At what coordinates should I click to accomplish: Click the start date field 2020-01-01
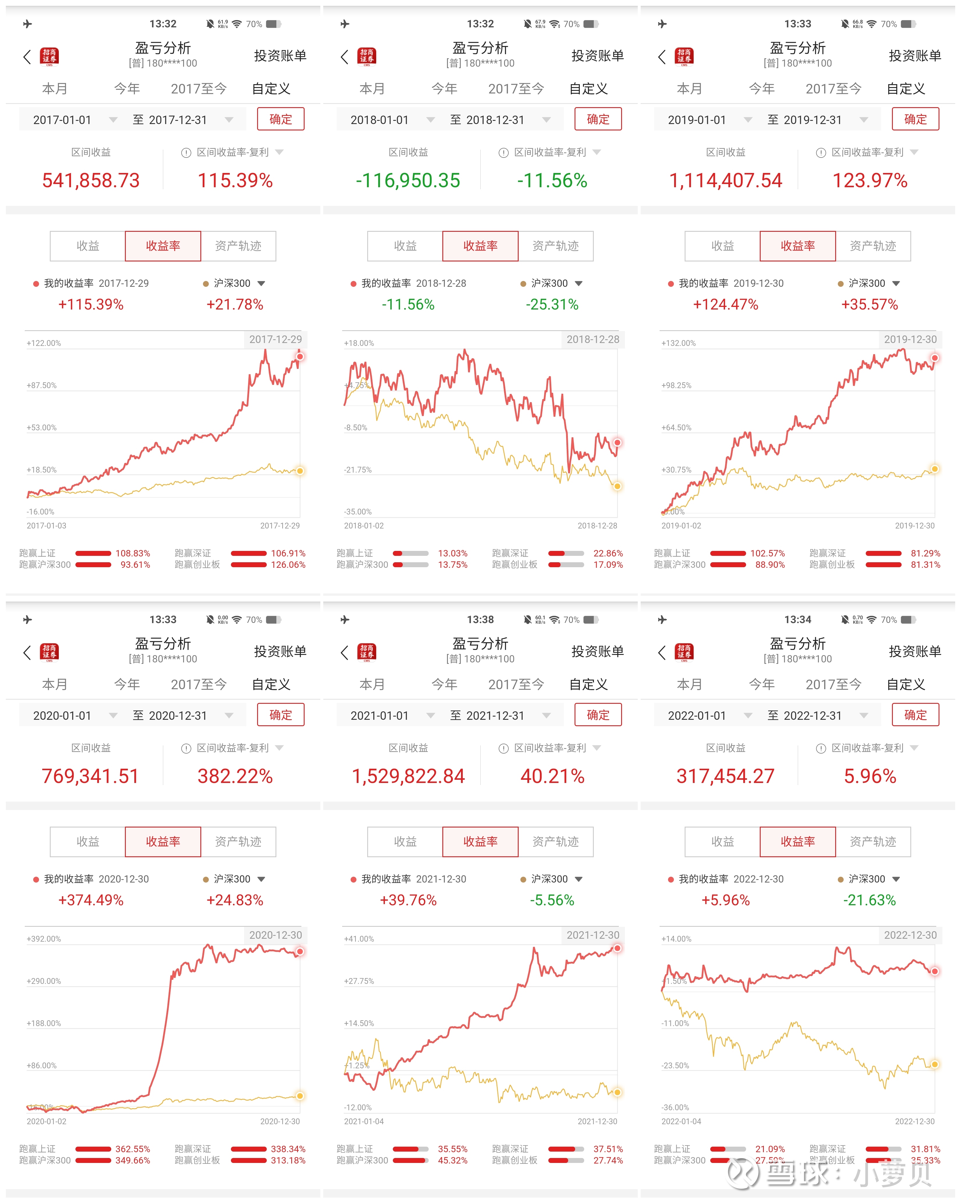coord(62,715)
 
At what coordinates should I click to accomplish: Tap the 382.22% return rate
coord(235,776)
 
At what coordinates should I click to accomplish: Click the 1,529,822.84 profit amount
coord(408,776)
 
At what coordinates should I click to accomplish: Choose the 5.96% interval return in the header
coord(870,776)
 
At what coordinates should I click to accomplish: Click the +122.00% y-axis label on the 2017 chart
coord(44,343)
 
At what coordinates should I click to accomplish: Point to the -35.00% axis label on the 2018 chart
coord(358,512)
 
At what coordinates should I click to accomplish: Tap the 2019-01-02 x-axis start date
coord(681,526)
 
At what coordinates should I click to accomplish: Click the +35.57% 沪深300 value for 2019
coord(870,304)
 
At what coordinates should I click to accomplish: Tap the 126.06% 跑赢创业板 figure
coord(288,565)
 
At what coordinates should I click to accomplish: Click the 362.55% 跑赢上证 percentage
coord(132,1149)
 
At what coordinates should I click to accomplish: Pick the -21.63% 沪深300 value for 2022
coord(870,900)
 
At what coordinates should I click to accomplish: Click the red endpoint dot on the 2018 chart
coord(617,442)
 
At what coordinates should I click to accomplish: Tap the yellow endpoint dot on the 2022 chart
coord(934,1065)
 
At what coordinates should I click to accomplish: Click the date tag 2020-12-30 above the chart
coord(275,935)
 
